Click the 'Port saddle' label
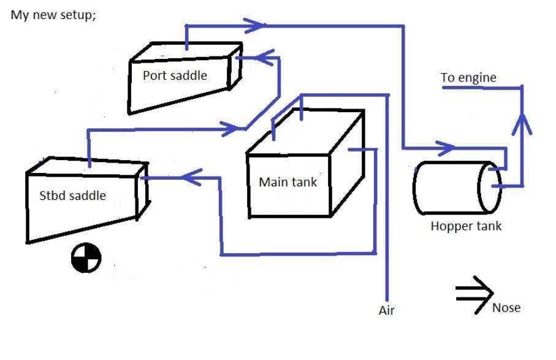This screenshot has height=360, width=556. [175, 76]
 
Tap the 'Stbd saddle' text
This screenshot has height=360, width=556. [72, 196]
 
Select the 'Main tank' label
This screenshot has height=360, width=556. [288, 182]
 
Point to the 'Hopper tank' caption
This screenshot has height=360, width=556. [466, 226]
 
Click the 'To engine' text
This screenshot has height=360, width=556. [468, 78]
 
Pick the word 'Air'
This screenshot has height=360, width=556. [387, 311]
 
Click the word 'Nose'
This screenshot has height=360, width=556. [506, 307]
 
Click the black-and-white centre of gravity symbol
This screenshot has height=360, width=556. [86, 258]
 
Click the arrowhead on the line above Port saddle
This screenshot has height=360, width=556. [255, 25]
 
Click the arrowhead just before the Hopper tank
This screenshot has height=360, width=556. [446, 148]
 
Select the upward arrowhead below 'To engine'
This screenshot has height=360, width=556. [522, 122]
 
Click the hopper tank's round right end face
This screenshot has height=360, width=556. [490, 188]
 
